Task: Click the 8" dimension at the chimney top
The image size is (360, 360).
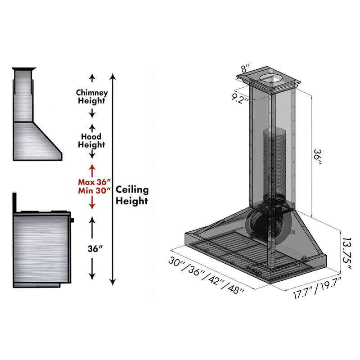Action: (244, 69)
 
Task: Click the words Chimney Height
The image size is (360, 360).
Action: (92, 96)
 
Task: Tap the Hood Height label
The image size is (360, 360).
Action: (91, 140)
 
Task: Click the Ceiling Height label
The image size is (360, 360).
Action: (132, 195)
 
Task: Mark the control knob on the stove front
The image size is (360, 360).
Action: (72, 220)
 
